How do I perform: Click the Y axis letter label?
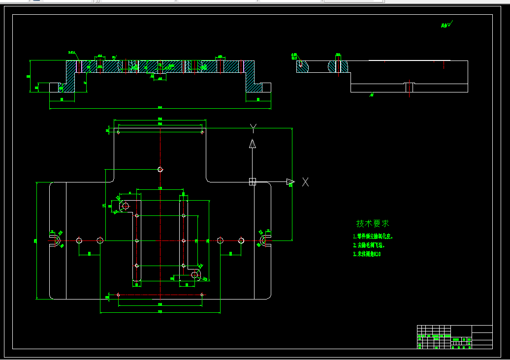[253, 128]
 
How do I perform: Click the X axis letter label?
[305, 182]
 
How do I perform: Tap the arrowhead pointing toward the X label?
[290, 182]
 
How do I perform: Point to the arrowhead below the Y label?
[252, 144]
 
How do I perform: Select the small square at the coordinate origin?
[253, 182]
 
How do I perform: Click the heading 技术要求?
[373, 223]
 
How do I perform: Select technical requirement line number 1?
[373, 237]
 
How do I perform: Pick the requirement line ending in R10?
[367, 254]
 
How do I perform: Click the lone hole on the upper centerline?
[160, 169]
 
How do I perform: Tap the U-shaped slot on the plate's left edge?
[55, 240]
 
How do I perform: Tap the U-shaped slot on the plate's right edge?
[265, 240]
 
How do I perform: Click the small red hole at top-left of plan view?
[118, 132]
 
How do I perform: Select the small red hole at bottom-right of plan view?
[202, 295]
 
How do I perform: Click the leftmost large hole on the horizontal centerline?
[79, 240]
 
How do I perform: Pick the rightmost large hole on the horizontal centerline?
[241, 240]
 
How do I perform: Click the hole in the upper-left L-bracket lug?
[125, 206]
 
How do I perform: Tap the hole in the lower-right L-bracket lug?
[194, 275]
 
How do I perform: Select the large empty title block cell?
[482, 329]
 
